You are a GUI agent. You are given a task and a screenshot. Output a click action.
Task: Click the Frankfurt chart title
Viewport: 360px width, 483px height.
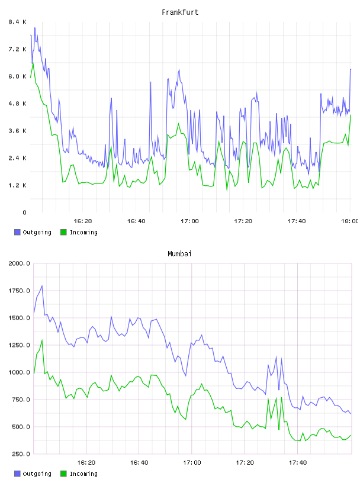[x=180, y=12]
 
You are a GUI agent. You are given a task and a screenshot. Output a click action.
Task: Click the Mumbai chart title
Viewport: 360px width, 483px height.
[x=179, y=254]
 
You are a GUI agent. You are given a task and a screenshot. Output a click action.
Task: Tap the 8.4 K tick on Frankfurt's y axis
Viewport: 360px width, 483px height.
[x=17, y=22]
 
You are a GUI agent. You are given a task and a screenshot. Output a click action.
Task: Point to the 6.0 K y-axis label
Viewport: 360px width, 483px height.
[x=17, y=76]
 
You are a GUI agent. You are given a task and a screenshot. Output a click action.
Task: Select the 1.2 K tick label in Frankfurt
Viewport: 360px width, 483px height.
[x=17, y=185]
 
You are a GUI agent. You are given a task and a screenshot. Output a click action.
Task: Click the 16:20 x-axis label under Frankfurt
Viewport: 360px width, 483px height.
[x=83, y=221]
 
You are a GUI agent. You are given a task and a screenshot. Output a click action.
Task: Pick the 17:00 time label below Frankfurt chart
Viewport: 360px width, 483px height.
[x=190, y=221]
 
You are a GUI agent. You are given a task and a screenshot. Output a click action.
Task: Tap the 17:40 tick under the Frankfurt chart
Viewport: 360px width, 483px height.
[x=297, y=221]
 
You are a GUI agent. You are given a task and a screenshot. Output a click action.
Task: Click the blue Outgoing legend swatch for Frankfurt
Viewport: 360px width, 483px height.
[x=17, y=232]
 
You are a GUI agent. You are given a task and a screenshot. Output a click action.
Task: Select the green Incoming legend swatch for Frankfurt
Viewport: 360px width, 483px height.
[x=63, y=232]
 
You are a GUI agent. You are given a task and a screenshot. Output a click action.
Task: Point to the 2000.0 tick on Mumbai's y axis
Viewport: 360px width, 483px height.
[x=20, y=263]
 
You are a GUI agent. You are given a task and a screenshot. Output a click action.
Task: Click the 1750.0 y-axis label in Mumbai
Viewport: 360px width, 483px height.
[x=20, y=291]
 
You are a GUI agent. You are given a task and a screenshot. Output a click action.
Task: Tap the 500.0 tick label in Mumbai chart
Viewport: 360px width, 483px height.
[x=21, y=427]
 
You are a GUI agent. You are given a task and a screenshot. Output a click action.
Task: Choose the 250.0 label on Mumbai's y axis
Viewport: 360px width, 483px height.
[x=21, y=454]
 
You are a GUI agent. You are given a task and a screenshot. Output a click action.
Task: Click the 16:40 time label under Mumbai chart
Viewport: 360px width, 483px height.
[x=139, y=462]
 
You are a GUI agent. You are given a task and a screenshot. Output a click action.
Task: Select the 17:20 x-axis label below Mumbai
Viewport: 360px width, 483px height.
[x=245, y=462]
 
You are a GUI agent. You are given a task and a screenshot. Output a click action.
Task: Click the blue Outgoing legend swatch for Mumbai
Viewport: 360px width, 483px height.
[x=17, y=474]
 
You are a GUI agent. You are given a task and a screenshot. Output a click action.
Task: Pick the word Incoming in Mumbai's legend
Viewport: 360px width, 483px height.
[x=84, y=474]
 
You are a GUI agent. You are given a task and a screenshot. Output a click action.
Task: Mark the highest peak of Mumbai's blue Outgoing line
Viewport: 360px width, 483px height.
[x=42, y=286]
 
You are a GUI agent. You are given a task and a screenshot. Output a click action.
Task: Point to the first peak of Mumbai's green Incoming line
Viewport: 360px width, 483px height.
[x=42, y=340]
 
